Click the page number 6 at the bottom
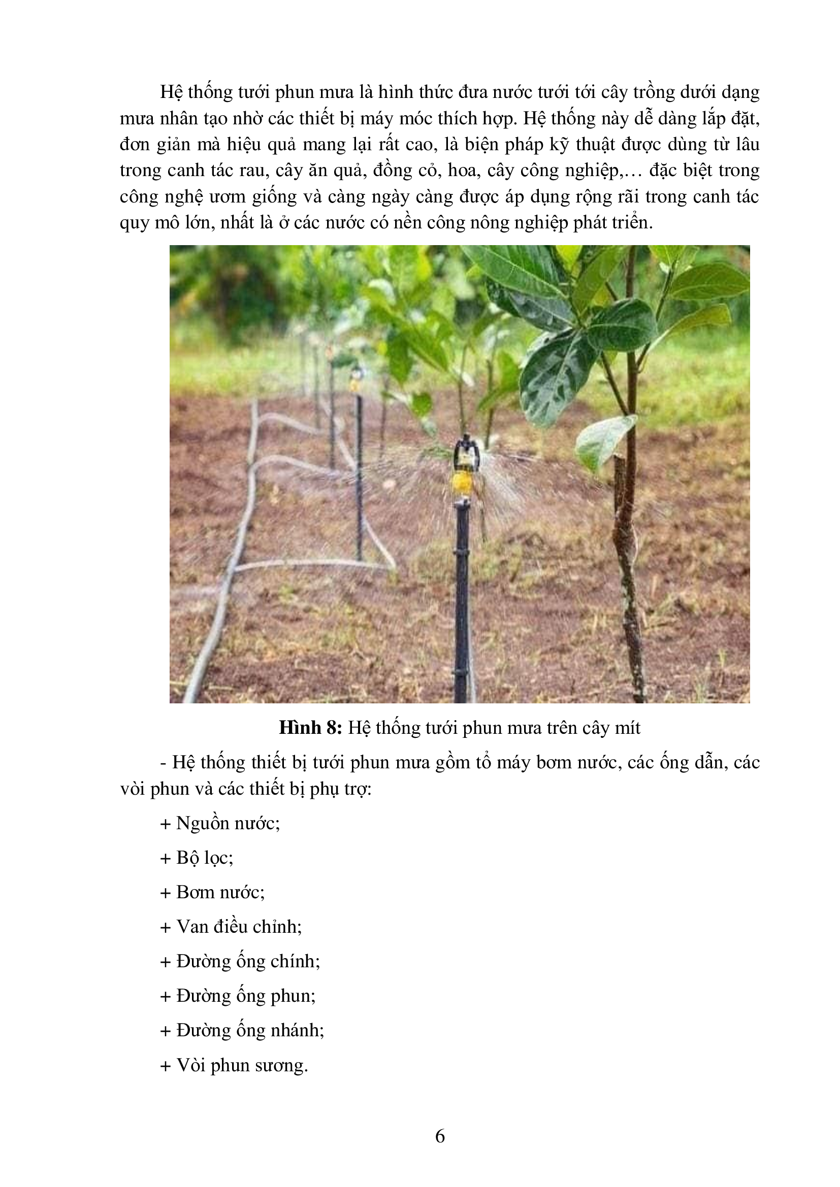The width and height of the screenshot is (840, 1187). click(440, 1136)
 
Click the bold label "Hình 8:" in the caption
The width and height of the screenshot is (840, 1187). click(310, 728)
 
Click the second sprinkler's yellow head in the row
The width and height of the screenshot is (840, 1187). click(355, 384)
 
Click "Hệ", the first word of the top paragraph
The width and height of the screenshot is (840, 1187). click(171, 92)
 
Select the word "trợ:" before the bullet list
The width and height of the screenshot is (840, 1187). click(359, 789)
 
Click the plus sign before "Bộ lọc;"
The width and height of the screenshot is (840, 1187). click(166, 859)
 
